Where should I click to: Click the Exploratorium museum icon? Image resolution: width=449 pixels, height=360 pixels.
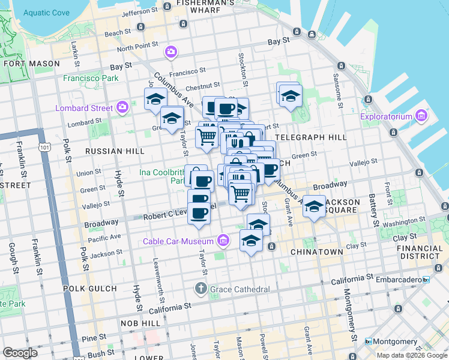coord(421,116)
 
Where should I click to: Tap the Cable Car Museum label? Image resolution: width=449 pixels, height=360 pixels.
coord(178,241)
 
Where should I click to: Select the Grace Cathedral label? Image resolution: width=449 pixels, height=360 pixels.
coord(240,290)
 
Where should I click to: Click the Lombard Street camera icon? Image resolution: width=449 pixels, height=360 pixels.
coord(122,108)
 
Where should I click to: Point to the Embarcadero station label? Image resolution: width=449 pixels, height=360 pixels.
coord(399,280)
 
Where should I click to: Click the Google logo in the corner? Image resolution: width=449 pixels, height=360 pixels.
coord(20,353)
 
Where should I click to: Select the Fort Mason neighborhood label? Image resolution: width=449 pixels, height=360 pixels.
coord(32,64)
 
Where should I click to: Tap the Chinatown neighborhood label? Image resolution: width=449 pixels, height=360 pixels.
coord(316,252)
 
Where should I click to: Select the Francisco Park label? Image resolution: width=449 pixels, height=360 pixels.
coord(91,78)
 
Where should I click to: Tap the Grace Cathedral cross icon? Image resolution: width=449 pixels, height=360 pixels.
coord(201,290)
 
